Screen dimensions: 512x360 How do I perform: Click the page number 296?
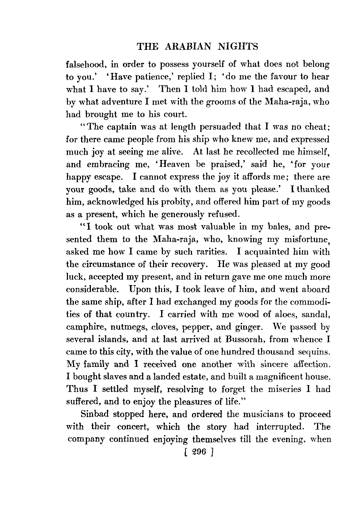198,452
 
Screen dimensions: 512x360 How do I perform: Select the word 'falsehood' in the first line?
86,65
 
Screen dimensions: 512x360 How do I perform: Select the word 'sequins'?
314,352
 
